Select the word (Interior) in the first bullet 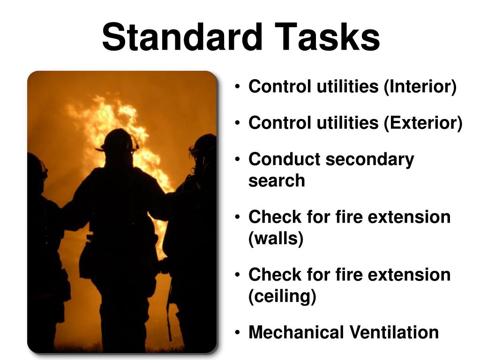click(x=420, y=87)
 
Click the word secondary click(x=370, y=159)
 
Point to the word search click(x=277, y=180)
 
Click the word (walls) click(x=276, y=239)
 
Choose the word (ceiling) click(x=282, y=296)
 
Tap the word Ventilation click(x=394, y=332)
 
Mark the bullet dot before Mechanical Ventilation click(x=238, y=333)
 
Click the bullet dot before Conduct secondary click(x=238, y=160)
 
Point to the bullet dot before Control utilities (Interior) click(x=238, y=88)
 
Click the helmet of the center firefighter click(x=118, y=140)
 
